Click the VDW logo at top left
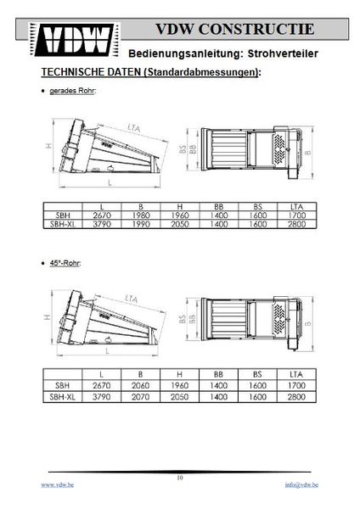75,40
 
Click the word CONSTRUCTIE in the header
256,29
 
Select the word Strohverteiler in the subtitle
283,53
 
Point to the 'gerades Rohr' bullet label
72,91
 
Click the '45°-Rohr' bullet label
65,263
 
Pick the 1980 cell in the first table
141,215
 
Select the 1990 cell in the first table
141,224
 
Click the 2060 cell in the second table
140,385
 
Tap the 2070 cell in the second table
140,397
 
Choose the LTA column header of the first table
296,207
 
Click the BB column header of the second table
218,374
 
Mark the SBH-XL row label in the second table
62,397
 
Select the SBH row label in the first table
63,215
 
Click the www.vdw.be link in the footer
57,484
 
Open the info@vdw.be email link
301,484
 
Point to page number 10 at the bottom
180,478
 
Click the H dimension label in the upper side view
48,147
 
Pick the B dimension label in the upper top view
308,152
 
